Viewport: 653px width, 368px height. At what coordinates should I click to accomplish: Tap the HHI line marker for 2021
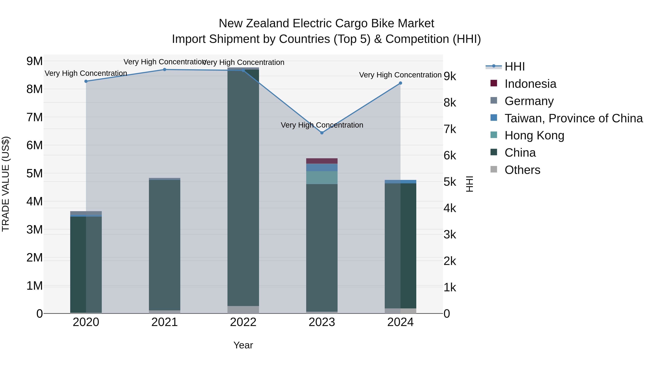click(x=165, y=70)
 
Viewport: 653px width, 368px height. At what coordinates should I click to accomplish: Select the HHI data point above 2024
click(x=400, y=83)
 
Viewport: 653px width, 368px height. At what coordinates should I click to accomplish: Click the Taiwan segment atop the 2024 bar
click(x=400, y=182)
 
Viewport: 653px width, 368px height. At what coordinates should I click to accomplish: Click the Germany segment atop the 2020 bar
click(x=86, y=213)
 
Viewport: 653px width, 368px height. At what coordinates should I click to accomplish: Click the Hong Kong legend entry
click(x=534, y=135)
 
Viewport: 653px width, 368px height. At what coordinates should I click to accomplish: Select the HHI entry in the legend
click(x=514, y=67)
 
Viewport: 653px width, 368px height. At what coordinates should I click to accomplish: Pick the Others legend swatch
click(x=494, y=169)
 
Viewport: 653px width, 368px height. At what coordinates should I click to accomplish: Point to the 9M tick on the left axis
click(x=34, y=61)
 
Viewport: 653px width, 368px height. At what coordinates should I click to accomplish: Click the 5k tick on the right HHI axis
click(x=450, y=182)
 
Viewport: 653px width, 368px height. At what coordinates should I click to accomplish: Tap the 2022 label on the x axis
click(x=243, y=322)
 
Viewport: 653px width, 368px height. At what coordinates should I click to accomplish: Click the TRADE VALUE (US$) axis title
click(x=6, y=184)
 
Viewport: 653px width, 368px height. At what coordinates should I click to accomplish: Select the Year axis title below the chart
click(x=243, y=345)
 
